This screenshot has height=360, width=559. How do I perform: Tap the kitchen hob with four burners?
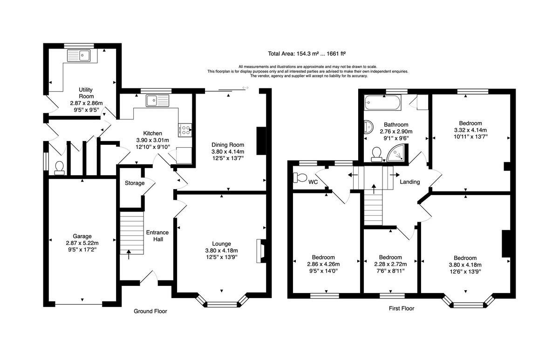tap(185, 130)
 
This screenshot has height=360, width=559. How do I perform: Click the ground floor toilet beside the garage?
tap(59, 167)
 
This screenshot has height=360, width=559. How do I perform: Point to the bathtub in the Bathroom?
tap(382, 102)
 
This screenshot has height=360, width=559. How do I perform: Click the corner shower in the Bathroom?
tap(398, 152)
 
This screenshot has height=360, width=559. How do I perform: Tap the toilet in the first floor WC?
tap(299, 177)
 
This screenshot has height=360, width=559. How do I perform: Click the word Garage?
tap(82, 236)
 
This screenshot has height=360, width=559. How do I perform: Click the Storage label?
tap(134, 183)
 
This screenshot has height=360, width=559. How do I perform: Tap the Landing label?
tap(409, 182)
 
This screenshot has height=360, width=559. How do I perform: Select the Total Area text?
tap(306, 54)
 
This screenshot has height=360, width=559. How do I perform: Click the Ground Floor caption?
tap(150, 311)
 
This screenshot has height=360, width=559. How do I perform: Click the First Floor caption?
tap(401, 308)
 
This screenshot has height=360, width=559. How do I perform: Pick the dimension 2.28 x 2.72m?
tap(390, 264)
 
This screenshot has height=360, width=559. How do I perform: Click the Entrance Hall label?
tap(157, 236)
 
